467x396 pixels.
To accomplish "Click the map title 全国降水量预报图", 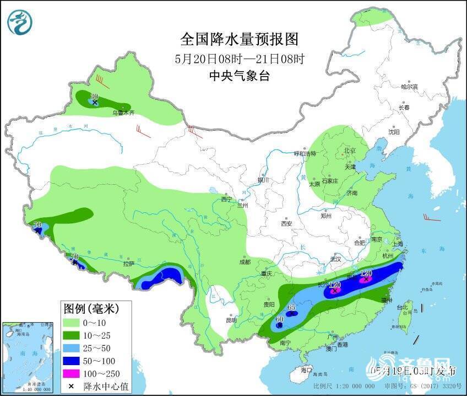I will point(239,40).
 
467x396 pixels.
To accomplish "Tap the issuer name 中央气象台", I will point(239,77).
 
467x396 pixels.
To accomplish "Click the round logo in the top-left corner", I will point(20,23).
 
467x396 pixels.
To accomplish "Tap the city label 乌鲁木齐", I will point(123,113).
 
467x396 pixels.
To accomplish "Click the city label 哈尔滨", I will point(409,87).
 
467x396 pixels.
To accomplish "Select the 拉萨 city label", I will point(128,264).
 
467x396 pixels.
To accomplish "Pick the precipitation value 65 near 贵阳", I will point(292,307).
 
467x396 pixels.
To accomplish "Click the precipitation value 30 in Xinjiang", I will point(94,96).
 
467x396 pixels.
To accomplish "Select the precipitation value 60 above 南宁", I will point(279,319).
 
